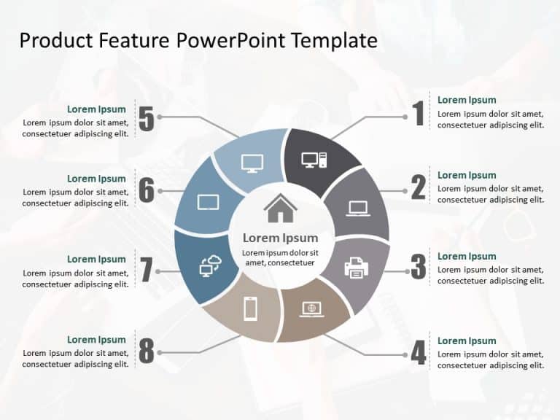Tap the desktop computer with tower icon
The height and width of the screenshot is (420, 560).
pyautogui.click(x=314, y=160)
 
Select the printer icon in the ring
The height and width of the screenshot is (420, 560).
pyautogui.click(x=357, y=268)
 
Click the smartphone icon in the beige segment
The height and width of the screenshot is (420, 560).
pyautogui.click(x=250, y=309)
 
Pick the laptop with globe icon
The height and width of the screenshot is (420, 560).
pyautogui.click(x=312, y=309)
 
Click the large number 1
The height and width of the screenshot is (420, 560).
pyautogui.click(x=419, y=114)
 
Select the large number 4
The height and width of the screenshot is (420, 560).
pyautogui.click(x=419, y=354)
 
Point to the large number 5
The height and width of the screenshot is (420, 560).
pyautogui.click(x=147, y=119)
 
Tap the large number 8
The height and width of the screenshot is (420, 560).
pyautogui.click(x=147, y=351)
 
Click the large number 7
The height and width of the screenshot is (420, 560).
pyautogui.click(x=147, y=270)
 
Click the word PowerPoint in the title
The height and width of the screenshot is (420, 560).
pyautogui.click(x=231, y=40)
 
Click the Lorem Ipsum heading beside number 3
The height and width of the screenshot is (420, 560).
pyautogui.click(x=467, y=256)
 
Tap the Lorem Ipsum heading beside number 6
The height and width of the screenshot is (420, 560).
pyautogui.click(x=96, y=179)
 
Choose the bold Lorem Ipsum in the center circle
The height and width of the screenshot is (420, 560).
pyautogui.click(x=280, y=238)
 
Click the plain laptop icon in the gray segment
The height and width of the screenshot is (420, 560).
pyautogui.click(x=358, y=209)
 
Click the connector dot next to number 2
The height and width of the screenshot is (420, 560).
pyautogui.click(x=405, y=191)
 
